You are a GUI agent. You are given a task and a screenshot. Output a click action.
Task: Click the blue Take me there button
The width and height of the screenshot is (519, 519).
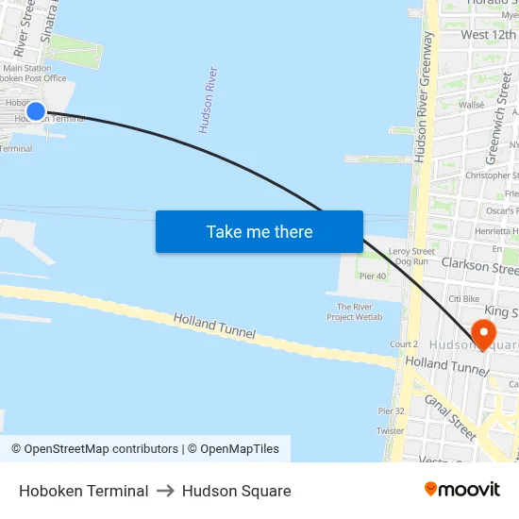click(259, 231)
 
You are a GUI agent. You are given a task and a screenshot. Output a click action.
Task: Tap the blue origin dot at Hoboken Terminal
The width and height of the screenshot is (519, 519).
click(36, 111)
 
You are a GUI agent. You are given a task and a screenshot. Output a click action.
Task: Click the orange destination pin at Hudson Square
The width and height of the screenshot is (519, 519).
click(483, 333)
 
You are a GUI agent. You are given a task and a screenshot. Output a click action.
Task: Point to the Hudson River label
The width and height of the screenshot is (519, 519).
click(209, 99)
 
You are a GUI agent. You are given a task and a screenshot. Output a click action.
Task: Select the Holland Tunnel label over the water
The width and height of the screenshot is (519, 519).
click(216, 331)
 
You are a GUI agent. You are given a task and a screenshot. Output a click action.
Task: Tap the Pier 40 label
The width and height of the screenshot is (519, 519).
click(374, 276)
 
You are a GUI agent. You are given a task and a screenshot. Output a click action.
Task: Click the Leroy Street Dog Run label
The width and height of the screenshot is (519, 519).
click(411, 259)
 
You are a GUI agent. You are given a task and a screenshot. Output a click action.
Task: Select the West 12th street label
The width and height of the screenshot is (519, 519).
click(488, 35)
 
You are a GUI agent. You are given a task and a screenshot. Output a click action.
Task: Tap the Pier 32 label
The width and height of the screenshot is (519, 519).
click(391, 411)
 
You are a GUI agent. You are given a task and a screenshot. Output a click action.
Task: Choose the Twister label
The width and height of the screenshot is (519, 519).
click(390, 430)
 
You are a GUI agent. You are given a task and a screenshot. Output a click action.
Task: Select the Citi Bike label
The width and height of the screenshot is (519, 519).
click(464, 299)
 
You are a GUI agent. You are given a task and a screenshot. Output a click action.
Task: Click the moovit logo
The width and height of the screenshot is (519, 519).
click(461, 490)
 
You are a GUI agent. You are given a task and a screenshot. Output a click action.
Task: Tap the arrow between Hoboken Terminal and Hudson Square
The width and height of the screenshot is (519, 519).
click(165, 491)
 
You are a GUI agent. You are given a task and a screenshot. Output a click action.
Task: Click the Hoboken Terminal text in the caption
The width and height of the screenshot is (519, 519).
click(83, 491)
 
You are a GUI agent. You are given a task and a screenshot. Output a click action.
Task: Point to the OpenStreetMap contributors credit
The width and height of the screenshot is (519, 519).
click(101, 449)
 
